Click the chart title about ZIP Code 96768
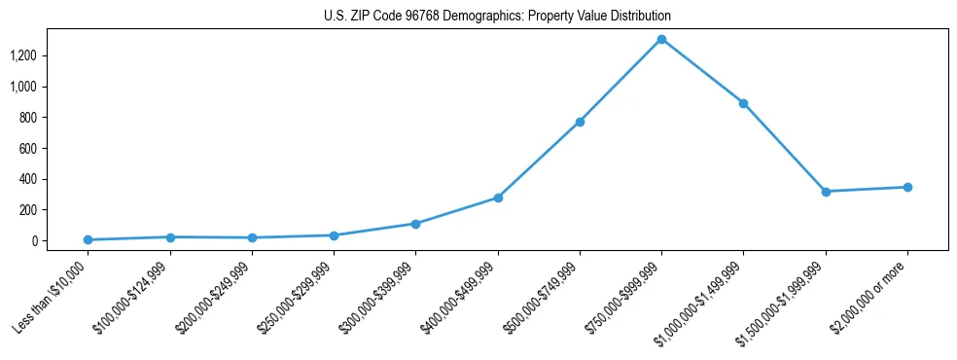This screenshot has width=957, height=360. [x=497, y=17]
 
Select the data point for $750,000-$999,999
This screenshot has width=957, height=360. [x=661, y=39]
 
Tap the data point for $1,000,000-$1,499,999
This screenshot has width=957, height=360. [x=743, y=103]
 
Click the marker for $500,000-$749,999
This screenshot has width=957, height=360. [x=580, y=122]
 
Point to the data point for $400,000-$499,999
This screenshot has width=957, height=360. [x=498, y=198]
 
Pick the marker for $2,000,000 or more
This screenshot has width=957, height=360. [x=907, y=187]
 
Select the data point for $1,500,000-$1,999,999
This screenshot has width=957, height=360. [x=826, y=192]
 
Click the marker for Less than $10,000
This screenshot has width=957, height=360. [x=89, y=239]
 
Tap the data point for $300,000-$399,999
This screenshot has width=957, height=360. [x=415, y=224]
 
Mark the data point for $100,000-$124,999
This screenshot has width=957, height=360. [x=170, y=236]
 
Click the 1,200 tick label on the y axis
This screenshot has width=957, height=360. [x=22, y=55]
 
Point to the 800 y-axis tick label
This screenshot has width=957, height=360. [x=27, y=118]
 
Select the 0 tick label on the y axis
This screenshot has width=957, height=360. [x=32, y=241]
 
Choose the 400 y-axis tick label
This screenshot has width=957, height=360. [x=27, y=179]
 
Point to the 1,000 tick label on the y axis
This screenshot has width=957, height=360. [x=22, y=87]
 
